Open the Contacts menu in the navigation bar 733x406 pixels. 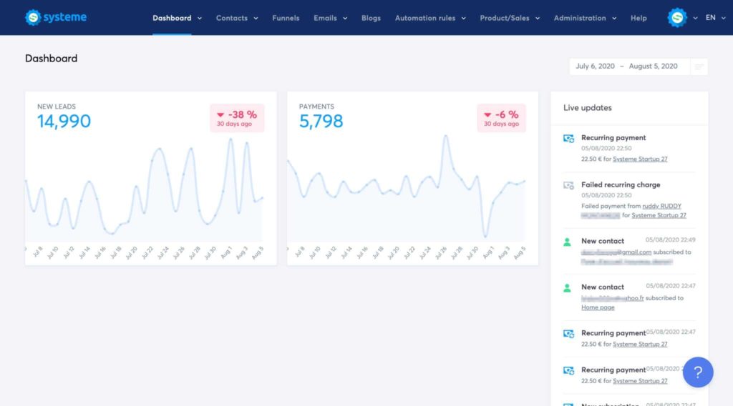coord(232,18)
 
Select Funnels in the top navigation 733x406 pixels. coord(286,18)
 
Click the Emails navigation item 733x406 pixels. coord(326,18)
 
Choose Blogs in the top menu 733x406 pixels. coord(371,18)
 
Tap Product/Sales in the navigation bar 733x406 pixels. coord(505,18)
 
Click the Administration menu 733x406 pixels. coord(580,18)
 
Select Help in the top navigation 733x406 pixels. coord(639,18)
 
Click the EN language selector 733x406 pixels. coord(711,18)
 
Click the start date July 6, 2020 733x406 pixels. coord(595,66)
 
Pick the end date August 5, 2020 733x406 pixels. coord(653,66)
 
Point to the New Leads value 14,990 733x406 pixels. coord(64,122)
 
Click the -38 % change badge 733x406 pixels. coord(236,118)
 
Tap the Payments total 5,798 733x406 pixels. coord(321,122)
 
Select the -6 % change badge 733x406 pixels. coord(501,118)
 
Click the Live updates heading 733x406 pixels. coord(587,108)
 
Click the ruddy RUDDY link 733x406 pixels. coord(662,206)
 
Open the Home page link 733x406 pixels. coord(598,307)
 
